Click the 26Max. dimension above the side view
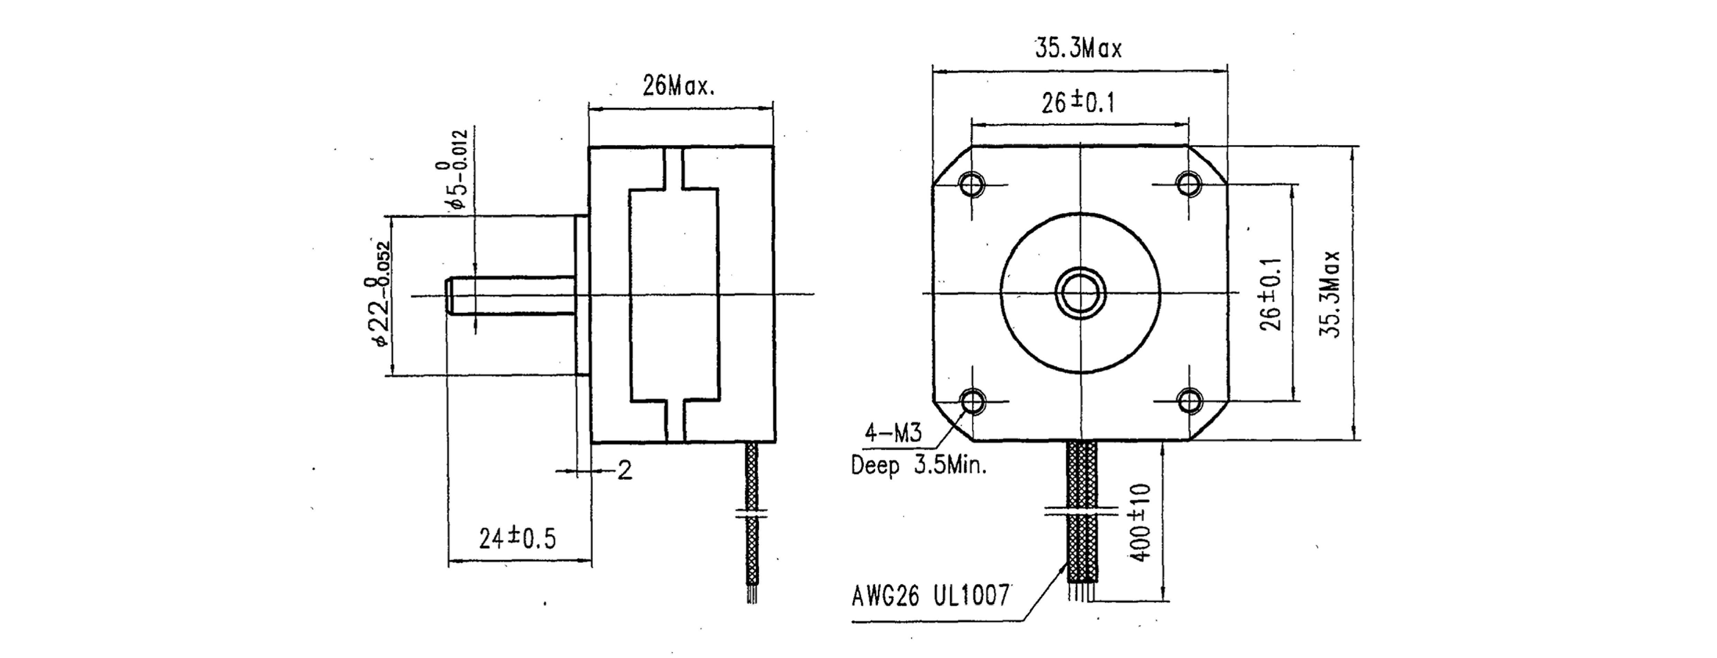tap(678, 86)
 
